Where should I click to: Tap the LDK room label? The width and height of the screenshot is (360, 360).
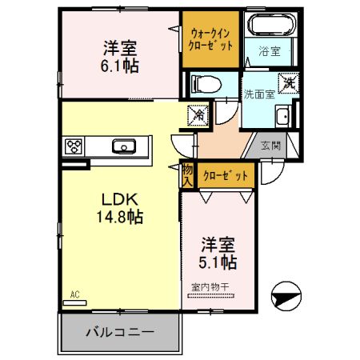pos(121,198)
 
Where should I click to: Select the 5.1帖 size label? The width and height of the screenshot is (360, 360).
pos(218,262)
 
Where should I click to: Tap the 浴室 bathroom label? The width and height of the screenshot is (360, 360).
pos(270,52)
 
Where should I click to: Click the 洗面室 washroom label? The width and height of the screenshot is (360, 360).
pos(259,93)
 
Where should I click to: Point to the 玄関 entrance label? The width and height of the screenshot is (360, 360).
pos(270,146)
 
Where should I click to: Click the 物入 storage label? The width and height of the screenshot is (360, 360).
pos(187,175)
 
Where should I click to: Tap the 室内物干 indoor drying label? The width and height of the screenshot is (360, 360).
pos(210,286)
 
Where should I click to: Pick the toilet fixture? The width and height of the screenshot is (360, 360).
pos(206,83)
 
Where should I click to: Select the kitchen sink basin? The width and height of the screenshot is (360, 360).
pos(124,146)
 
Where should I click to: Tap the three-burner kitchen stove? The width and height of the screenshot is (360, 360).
pos(75,146)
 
